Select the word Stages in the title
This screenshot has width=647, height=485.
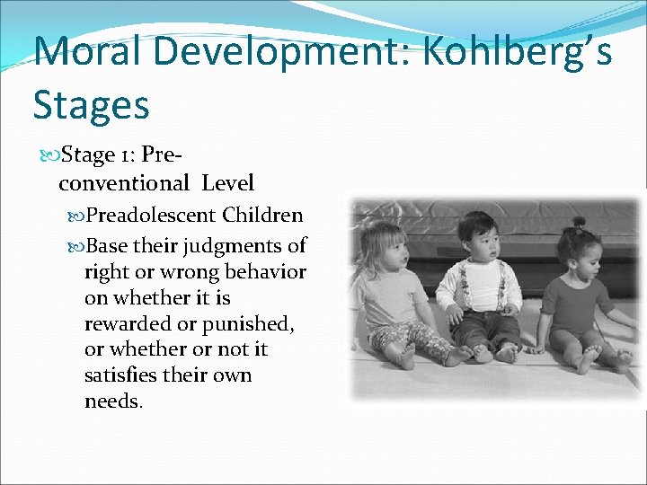click(91, 105)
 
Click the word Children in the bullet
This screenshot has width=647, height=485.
click(262, 216)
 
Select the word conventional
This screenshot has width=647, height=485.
click(124, 184)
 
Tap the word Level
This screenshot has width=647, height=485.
click(227, 184)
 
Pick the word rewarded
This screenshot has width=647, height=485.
click(125, 323)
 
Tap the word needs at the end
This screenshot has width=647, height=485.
click(111, 401)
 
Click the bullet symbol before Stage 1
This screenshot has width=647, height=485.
click(49, 155)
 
